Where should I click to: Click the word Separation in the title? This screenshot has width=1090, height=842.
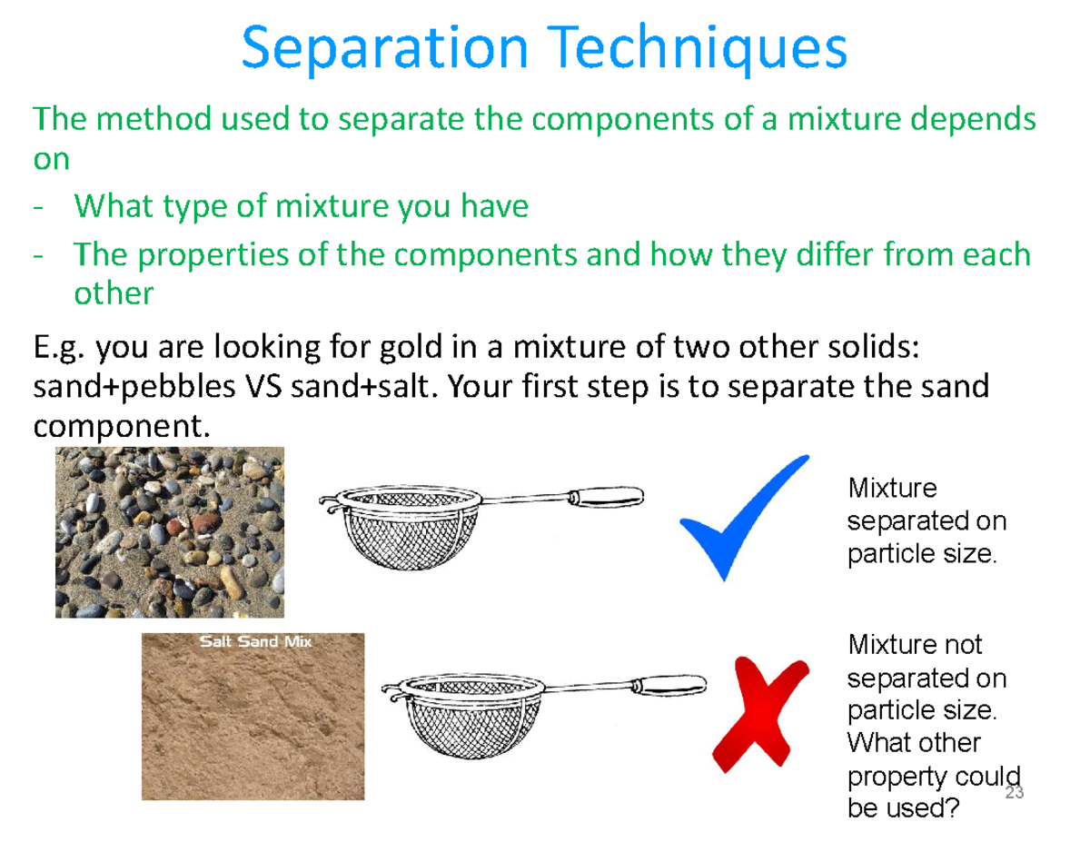(385, 49)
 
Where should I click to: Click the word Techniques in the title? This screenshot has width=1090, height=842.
(697, 49)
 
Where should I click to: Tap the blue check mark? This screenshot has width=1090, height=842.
(744, 518)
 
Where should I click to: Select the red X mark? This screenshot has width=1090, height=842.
(760, 714)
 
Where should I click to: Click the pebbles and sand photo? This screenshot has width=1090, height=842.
(170, 532)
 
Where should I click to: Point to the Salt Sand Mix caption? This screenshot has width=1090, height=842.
(256, 641)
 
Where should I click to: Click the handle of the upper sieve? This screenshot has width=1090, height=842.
(606, 497)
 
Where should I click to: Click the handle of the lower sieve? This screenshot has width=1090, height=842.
(669, 685)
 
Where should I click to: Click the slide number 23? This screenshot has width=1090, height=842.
(1015, 792)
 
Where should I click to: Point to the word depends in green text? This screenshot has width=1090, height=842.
(973, 119)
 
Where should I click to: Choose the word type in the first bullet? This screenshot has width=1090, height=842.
(195, 207)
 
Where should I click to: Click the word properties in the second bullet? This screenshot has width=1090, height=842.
(213, 255)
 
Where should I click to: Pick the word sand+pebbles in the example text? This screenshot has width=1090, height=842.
(134, 388)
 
